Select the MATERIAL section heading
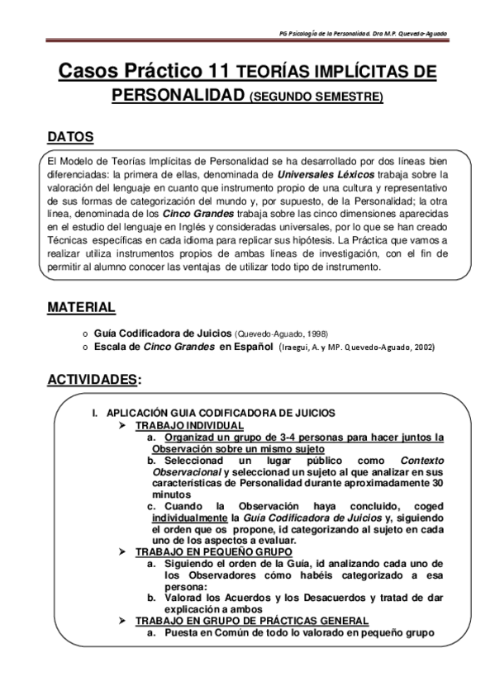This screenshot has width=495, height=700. click(x=80, y=307)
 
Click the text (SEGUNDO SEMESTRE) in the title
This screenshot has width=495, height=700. click(x=316, y=97)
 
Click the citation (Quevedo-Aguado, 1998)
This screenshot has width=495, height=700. click(x=282, y=333)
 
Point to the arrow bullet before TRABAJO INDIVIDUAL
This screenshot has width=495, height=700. click(x=122, y=424)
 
